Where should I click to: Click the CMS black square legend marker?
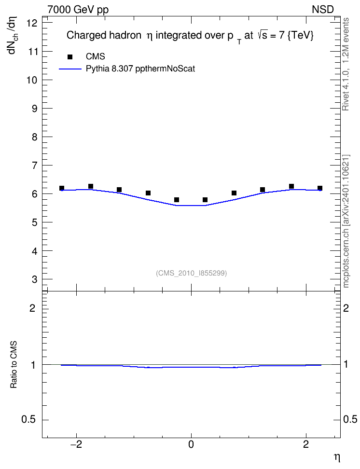pos(70,56)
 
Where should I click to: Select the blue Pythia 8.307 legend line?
pos(70,69)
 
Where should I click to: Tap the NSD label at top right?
pos(322,10)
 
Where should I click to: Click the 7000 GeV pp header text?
pos(78,10)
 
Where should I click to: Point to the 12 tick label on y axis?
pos(32,23)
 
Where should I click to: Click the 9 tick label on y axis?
pos(35,108)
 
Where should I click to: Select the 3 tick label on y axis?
pos(35,279)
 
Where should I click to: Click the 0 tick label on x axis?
pos(191,444)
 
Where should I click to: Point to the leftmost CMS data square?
pos(62,188)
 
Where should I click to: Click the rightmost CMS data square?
pos(320,188)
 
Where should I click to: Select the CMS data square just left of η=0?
pos(177,200)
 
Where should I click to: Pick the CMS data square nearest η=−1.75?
pos(91,186)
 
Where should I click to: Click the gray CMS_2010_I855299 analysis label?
pos(191,273)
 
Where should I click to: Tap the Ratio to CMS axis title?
pos(14,364)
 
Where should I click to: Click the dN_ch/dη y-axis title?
pos(13,35)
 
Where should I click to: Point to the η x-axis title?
pos(337,457)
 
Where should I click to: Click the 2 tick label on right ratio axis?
pos(346,308)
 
